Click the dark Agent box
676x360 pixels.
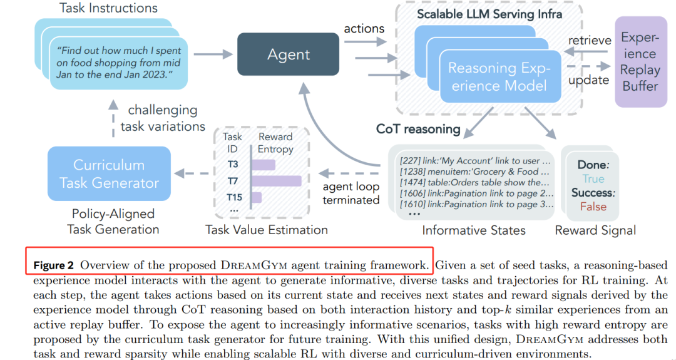coord(289,54)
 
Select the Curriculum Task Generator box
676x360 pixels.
coord(109,174)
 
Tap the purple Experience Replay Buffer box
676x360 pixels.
coord(640,62)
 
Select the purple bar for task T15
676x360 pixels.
coord(257,198)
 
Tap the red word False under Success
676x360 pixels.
coord(593,207)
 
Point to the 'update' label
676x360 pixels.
coord(588,80)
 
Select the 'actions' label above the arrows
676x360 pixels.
coord(364,28)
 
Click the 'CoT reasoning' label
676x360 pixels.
coord(418,130)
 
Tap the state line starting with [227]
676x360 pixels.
coord(474,160)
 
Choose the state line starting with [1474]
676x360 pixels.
coord(474,182)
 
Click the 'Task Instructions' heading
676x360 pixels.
coord(108,8)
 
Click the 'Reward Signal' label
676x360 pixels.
coord(595,230)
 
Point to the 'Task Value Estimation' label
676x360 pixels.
coord(267,230)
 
